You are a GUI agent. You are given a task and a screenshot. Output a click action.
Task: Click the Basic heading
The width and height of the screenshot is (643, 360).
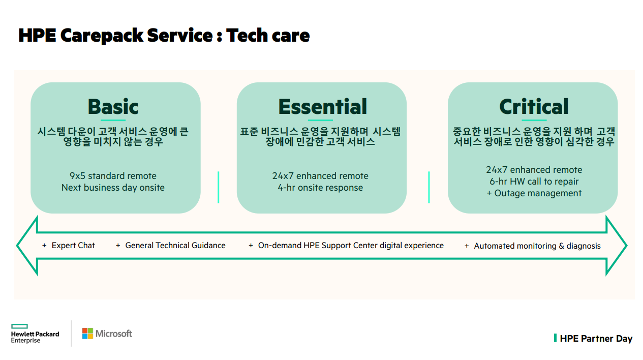click(113, 106)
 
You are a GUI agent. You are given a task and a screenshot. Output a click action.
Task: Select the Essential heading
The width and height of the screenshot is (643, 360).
click(323, 106)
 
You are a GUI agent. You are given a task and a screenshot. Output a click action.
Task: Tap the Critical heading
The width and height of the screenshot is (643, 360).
click(534, 106)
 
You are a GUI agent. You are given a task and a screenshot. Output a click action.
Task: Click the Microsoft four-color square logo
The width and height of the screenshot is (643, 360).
click(87, 334)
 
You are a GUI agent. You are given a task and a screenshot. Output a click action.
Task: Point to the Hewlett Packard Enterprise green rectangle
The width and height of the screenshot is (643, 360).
click(19, 326)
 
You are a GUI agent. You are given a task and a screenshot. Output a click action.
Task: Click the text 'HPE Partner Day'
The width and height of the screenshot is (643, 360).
click(596, 339)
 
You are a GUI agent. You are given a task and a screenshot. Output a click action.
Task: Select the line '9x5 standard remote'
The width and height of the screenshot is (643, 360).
click(113, 176)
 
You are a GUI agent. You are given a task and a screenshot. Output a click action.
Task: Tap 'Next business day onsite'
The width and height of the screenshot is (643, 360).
click(113, 188)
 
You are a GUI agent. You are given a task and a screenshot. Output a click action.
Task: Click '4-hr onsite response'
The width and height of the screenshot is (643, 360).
click(320, 188)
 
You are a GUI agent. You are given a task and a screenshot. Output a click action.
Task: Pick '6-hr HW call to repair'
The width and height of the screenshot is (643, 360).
click(534, 182)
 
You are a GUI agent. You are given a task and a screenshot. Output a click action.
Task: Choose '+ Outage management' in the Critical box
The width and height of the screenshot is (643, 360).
click(534, 193)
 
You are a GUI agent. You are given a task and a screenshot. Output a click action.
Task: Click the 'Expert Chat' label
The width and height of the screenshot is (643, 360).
click(73, 246)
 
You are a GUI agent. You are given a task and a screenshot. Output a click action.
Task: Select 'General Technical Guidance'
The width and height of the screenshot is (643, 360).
click(175, 246)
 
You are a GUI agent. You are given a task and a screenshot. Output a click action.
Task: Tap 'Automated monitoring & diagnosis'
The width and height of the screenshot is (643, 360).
click(537, 246)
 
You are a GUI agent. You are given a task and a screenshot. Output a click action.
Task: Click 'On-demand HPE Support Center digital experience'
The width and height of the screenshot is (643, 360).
click(351, 246)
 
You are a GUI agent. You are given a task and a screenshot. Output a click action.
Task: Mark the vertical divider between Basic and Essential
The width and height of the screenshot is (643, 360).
click(219, 187)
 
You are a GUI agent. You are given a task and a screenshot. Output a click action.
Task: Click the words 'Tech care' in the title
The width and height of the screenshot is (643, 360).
click(268, 35)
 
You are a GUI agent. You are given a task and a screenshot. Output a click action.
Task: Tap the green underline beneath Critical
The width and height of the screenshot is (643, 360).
click(534, 120)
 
